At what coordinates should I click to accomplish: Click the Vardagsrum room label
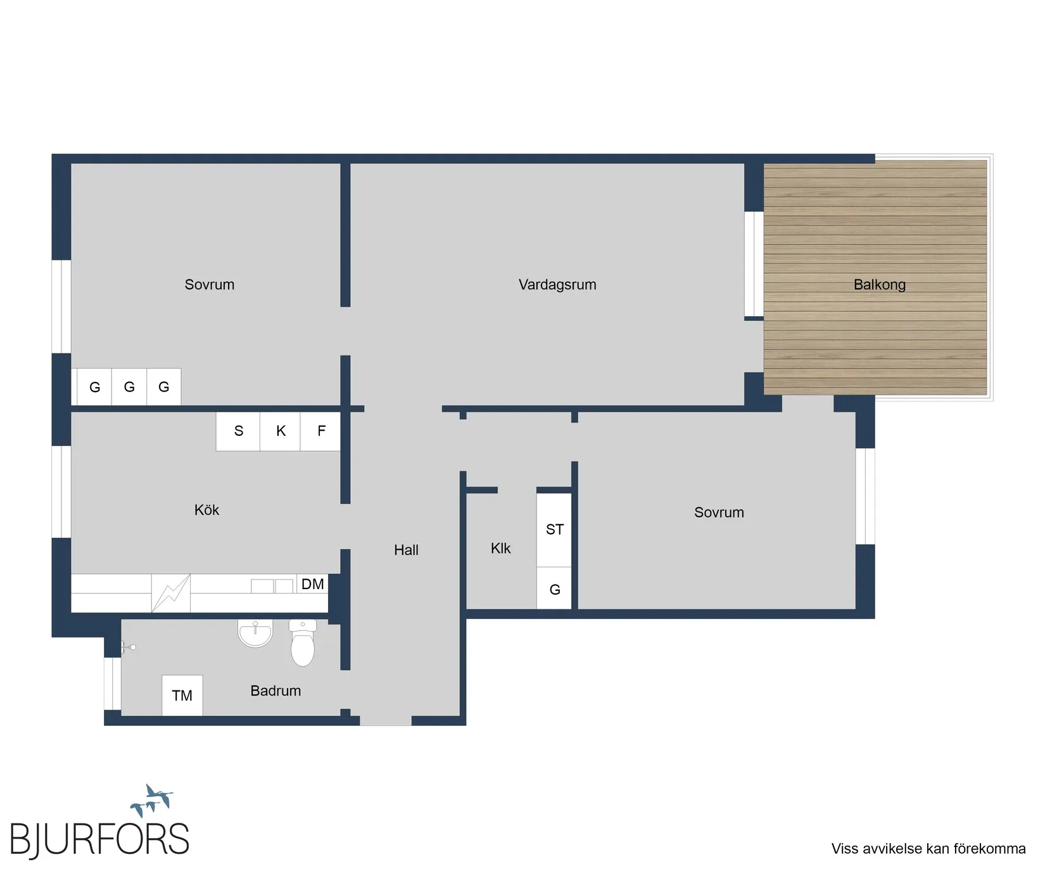point(557,285)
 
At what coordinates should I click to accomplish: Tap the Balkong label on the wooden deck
point(880,285)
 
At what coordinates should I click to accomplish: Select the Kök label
point(206,510)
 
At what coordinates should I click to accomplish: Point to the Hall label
point(406,550)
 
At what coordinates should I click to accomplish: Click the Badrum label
point(275,690)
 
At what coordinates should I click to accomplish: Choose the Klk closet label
point(500,549)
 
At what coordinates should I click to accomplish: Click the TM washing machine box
point(182,696)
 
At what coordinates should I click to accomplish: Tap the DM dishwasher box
point(313,584)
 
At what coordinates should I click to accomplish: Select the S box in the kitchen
point(238,431)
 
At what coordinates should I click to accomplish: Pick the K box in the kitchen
point(281,431)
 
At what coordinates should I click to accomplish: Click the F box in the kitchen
point(320,431)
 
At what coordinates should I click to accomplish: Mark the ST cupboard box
point(554,530)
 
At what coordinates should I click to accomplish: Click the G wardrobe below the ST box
point(554,588)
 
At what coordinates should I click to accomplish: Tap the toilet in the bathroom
point(303,642)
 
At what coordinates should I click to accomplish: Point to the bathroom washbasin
point(255,633)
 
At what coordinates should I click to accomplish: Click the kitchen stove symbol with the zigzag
point(171,593)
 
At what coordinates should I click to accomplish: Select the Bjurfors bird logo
point(152,800)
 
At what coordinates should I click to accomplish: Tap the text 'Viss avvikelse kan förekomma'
point(928,849)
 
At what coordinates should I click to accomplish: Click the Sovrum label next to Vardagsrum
point(210,285)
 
